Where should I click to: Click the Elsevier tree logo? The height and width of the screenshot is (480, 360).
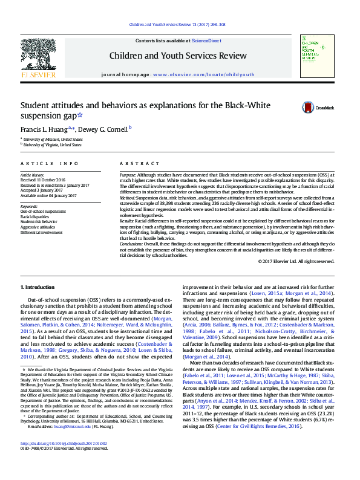38,58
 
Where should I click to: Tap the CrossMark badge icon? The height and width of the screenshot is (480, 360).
309,108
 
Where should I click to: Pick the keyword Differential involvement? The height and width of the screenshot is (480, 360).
41,232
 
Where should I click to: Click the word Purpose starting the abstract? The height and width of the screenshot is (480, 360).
128,174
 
